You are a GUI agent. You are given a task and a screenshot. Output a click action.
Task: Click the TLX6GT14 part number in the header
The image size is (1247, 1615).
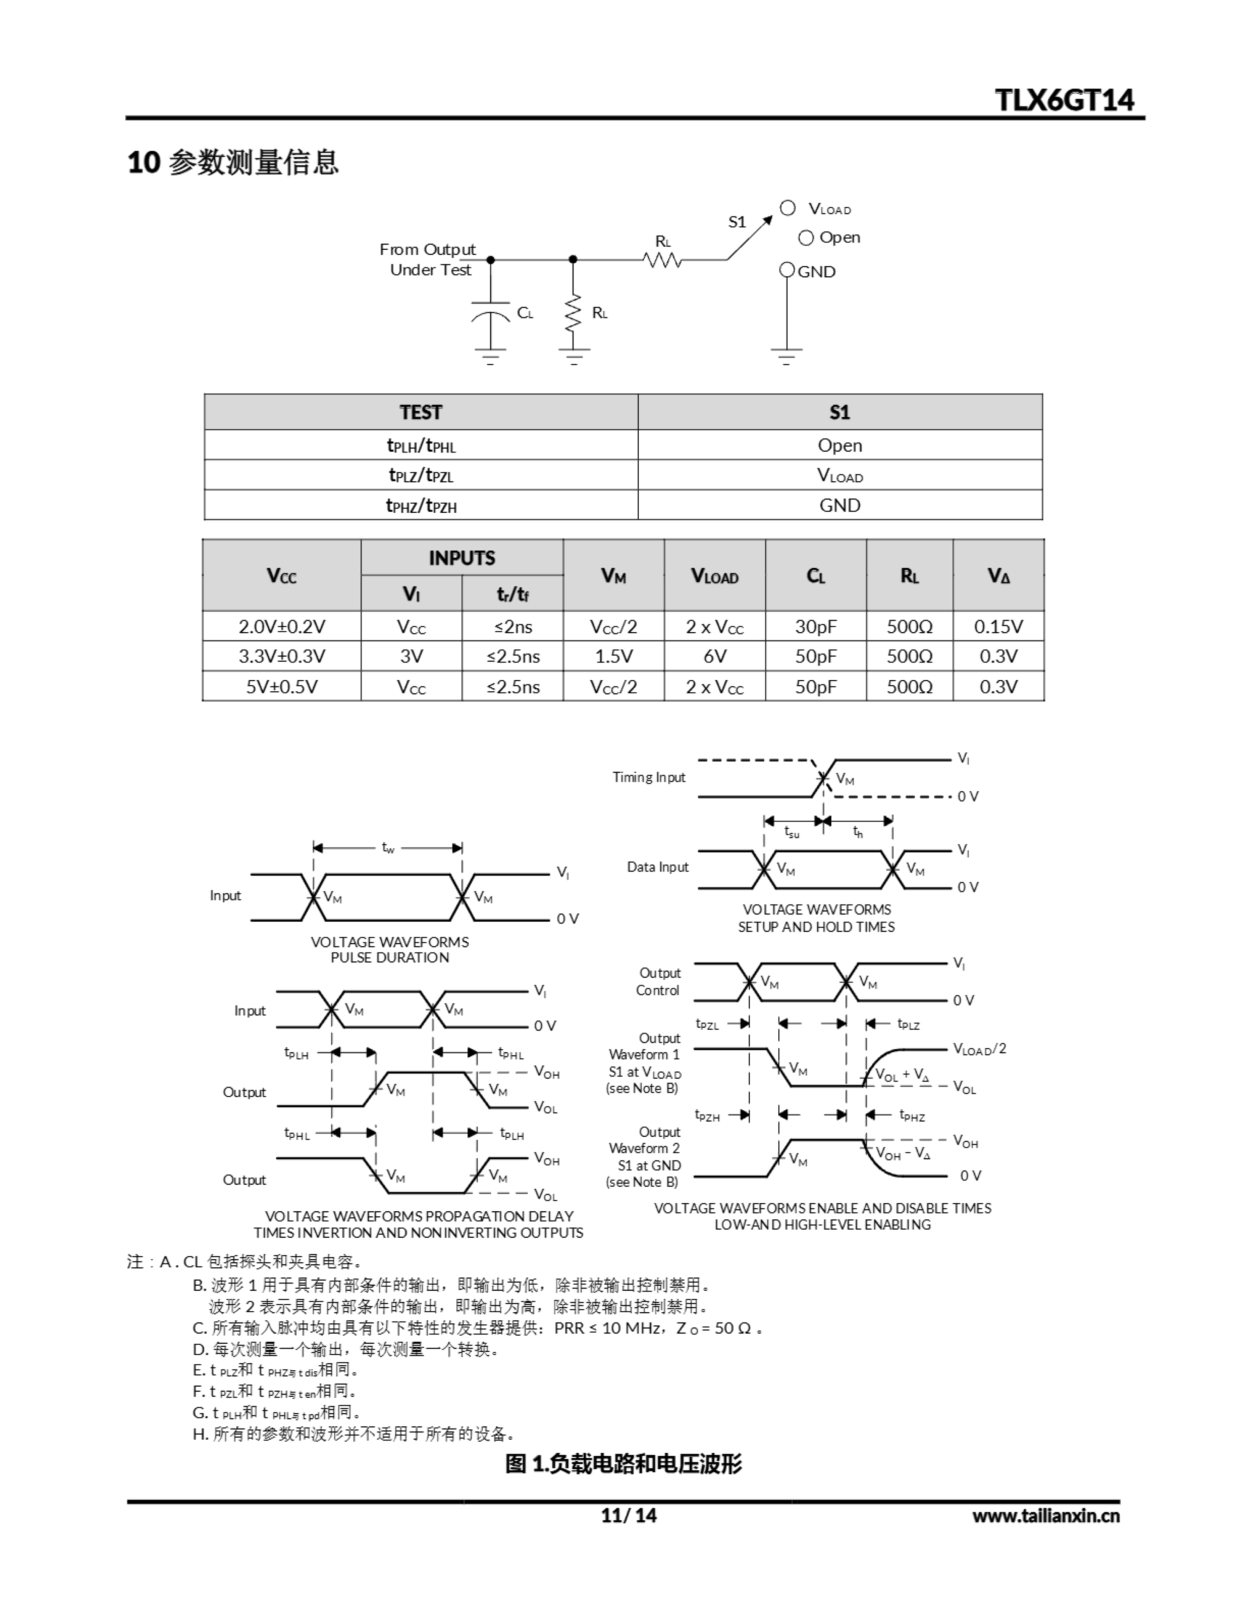click(1064, 100)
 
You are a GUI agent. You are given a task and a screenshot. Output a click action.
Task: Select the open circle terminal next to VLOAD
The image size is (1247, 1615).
click(787, 209)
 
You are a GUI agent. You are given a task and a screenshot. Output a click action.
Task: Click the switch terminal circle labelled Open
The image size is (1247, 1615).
click(806, 238)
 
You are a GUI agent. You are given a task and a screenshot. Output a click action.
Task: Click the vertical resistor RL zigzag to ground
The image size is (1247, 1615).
click(573, 314)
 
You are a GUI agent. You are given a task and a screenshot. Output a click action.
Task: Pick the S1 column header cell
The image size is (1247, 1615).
click(839, 412)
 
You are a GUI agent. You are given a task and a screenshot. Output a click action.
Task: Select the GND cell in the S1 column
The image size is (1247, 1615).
click(839, 505)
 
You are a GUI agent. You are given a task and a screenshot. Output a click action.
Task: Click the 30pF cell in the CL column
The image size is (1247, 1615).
click(815, 626)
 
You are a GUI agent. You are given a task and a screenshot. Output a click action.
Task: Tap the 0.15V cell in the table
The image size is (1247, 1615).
click(998, 626)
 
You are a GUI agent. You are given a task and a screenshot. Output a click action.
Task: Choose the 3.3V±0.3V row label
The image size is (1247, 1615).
click(282, 656)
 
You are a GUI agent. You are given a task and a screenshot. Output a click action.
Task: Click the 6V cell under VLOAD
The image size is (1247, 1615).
click(714, 656)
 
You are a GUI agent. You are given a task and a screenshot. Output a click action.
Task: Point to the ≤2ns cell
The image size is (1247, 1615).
click(513, 626)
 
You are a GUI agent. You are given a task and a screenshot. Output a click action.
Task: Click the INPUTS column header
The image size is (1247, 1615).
click(461, 558)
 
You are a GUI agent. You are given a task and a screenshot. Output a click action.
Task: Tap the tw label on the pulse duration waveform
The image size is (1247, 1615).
click(388, 847)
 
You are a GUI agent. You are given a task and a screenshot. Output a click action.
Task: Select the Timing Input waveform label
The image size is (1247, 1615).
click(648, 777)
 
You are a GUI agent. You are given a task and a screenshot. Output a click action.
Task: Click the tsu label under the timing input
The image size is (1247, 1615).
click(792, 832)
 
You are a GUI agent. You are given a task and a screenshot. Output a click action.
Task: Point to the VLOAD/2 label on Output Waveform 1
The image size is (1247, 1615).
click(978, 1048)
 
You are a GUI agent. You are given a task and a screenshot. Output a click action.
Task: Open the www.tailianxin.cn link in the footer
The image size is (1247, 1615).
click(1045, 1516)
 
